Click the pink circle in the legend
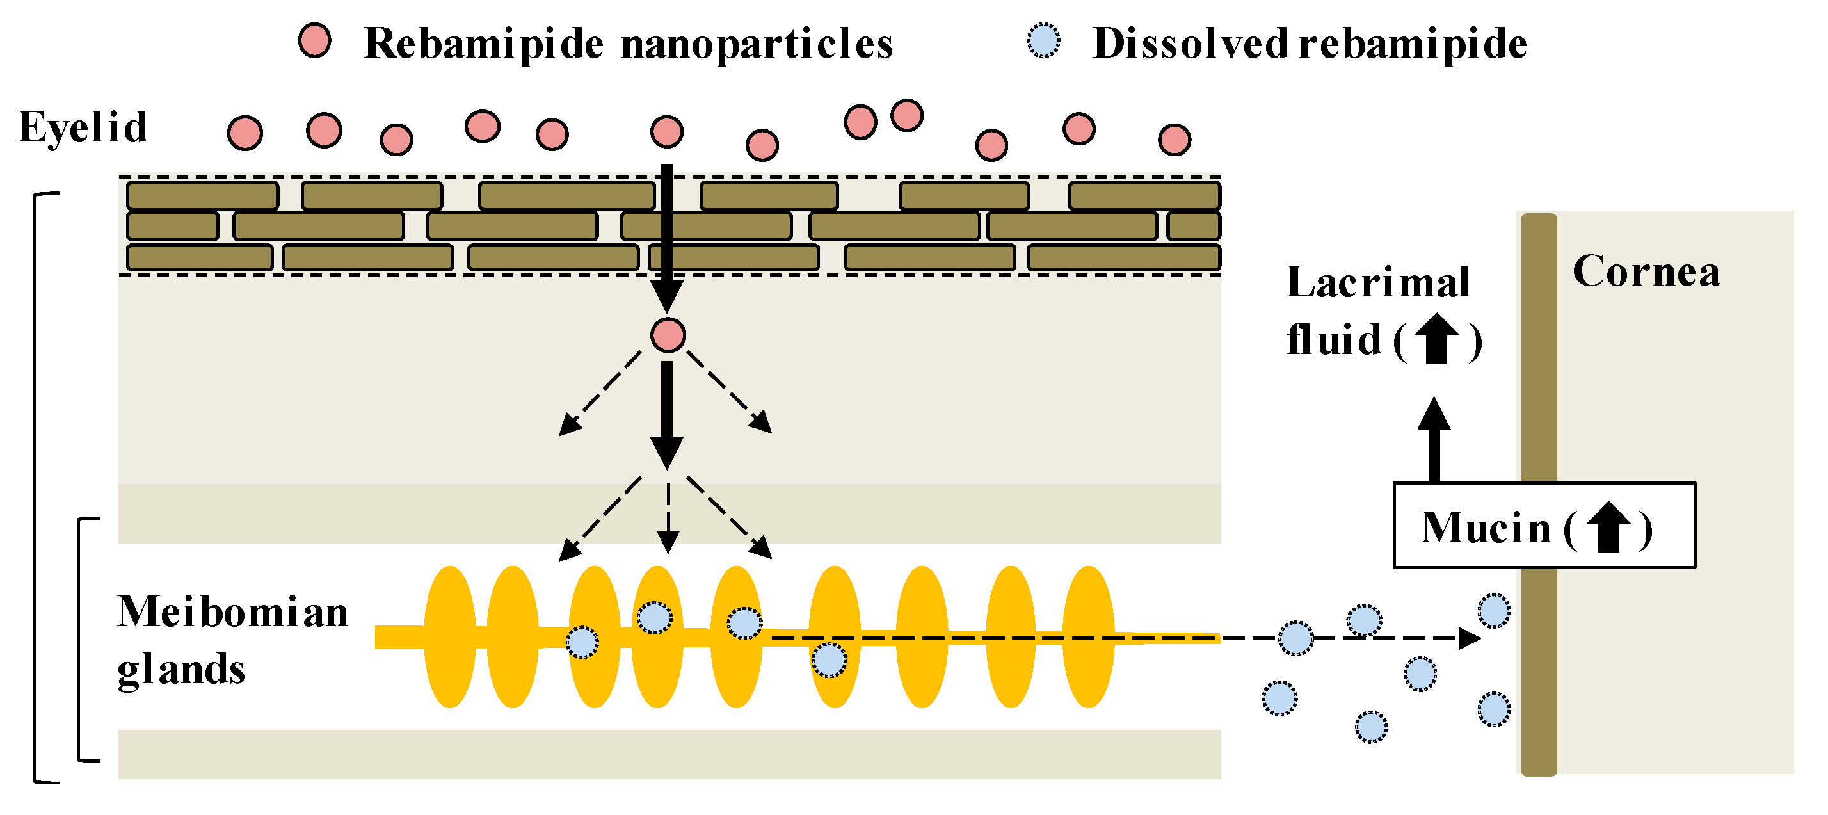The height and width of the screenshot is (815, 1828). (x=314, y=40)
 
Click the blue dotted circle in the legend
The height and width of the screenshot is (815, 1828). (x=1044, y=40)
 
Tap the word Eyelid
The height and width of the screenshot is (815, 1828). (x=83, y=128)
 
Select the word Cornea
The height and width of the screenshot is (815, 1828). (x=1646, y=272)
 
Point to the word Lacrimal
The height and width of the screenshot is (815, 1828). (x=1377, y=282)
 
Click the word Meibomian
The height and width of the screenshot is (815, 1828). (x=233, y=612)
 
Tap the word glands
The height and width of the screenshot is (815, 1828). (x=181, y=670)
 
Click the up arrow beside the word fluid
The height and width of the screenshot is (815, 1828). (x=1437, y=339)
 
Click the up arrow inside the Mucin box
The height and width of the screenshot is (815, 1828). (x=1608, y=527)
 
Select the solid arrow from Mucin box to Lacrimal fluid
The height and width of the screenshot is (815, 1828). (x=1434, y=440)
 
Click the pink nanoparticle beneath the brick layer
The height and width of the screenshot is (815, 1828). (x=668, y=335)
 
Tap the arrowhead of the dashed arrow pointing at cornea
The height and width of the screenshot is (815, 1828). (x=1469, y=638)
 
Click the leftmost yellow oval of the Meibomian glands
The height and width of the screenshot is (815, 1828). (x=450, y=637)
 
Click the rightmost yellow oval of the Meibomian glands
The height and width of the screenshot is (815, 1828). (x=1089, y=637)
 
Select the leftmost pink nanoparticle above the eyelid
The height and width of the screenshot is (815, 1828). (x=245, y=133)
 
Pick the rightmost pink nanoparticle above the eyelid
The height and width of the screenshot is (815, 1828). (x=1175, y=139)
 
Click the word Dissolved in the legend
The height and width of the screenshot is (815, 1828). (x=1190, y=44)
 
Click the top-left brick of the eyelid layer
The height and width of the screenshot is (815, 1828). (x=202, y=195)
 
